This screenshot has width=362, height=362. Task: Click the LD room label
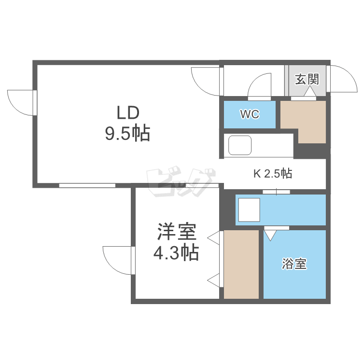click(127, 113)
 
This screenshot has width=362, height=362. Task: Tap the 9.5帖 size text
click(127, 133)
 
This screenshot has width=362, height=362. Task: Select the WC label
click(250, 114)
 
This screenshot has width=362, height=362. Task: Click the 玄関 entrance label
click(307, 79)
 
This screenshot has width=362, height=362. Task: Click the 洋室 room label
click(176, 233)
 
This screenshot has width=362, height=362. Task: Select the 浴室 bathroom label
click(294, 264)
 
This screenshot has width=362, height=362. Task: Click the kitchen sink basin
click(239, 145)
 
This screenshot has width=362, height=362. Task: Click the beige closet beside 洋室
click(241, 264)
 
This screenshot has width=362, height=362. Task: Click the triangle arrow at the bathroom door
click(271, 235)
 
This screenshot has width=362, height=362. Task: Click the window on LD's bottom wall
click(87, 185)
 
